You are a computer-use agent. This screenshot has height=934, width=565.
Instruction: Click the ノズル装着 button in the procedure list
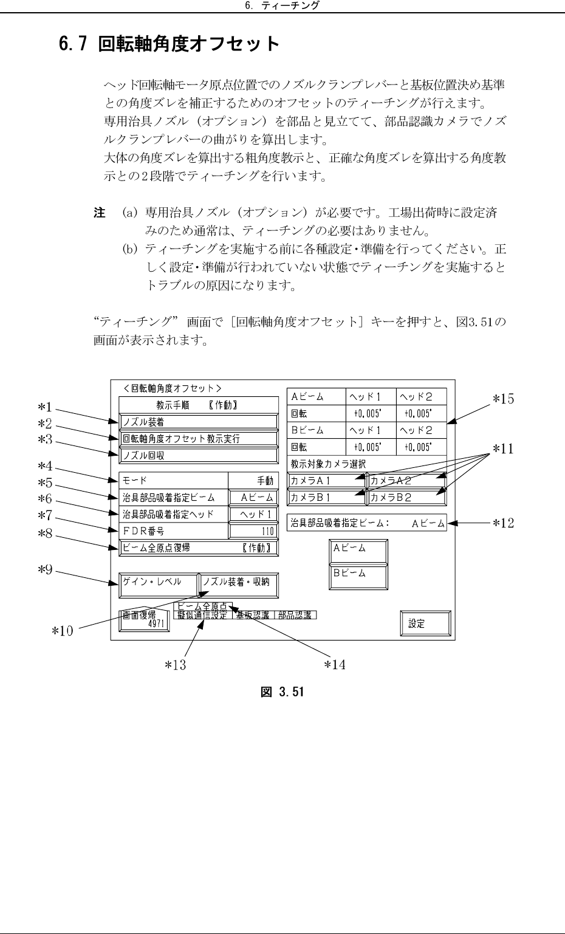pos(198,421)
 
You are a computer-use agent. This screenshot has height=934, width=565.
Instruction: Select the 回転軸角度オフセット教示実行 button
pos(198,438)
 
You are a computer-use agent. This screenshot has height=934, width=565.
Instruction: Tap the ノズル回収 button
pos(198,455)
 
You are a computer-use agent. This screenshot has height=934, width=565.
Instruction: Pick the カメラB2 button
pos(406,497)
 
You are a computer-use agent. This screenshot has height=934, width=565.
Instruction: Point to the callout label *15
pos(502,399)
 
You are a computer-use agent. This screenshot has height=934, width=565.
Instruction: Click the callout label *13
pos(176,665)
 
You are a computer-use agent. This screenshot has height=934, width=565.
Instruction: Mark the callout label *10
pos(61,631)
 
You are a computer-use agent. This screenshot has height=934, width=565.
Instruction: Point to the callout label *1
pos(45,407)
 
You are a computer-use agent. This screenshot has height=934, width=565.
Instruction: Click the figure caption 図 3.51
pos(282,692)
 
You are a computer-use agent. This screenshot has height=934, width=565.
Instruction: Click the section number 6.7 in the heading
pos(73,44)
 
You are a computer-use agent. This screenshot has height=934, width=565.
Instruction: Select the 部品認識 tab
pos(294,615)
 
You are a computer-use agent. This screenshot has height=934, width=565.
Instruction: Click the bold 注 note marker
pos(99,213)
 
